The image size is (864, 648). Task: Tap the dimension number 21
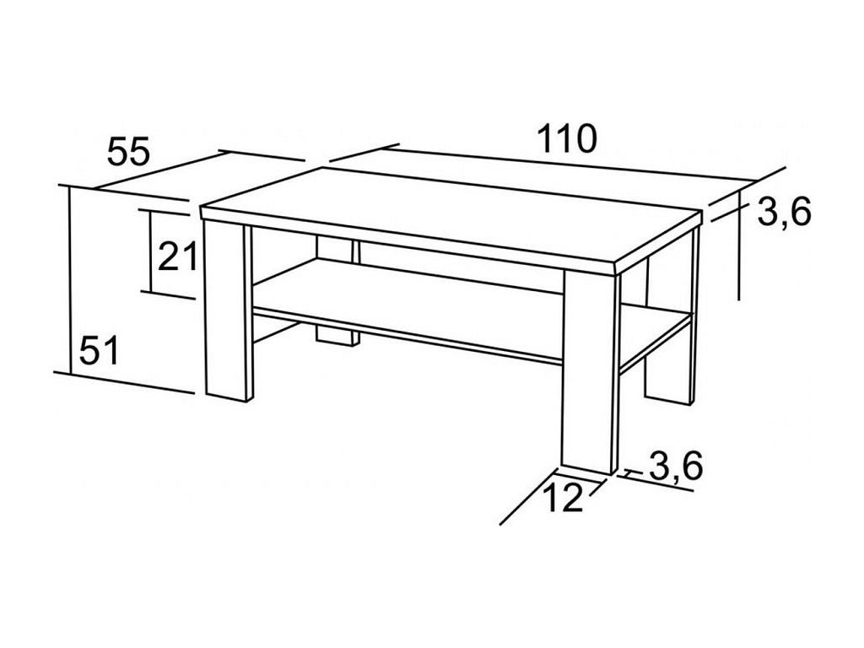[x=176, y=254]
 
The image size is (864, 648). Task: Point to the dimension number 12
[x=562, y=499]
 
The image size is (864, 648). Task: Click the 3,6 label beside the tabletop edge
[x=784, y=213]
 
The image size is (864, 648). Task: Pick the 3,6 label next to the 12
[x=676, y=466]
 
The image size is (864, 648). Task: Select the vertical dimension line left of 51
[x=68, y=278]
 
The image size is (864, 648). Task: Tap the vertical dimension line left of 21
[x=148, y=251]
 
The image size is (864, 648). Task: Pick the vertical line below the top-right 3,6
[x=739, y=253]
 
